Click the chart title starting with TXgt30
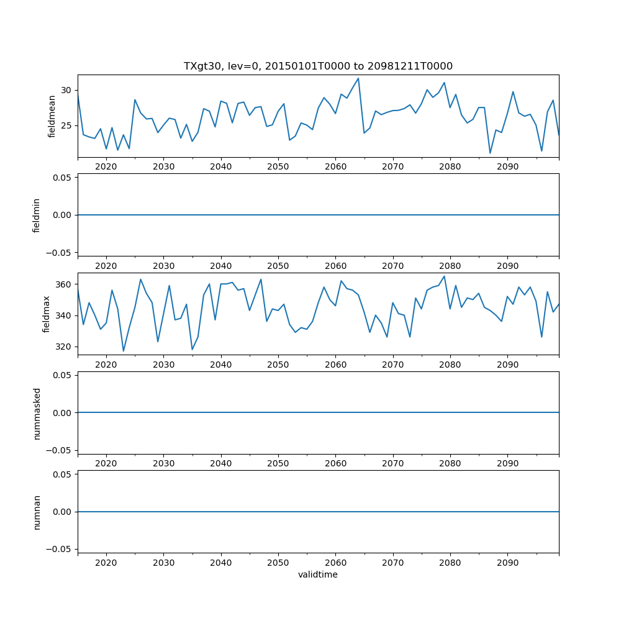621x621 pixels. (x=318, y=66)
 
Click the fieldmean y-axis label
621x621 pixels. (x=52, y=116)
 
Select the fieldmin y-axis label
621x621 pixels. (x=37, y=215)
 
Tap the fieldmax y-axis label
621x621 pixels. (x=46, y=314)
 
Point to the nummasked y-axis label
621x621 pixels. (x=37, y=413)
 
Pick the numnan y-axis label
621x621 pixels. (x=37, y=512)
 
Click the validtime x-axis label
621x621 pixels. (x=318, y=574)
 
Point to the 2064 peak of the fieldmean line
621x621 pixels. (x=358, y=78)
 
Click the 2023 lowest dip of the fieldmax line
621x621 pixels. (x=124, y=351)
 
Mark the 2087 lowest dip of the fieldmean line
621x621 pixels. (x=490, y=153)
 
